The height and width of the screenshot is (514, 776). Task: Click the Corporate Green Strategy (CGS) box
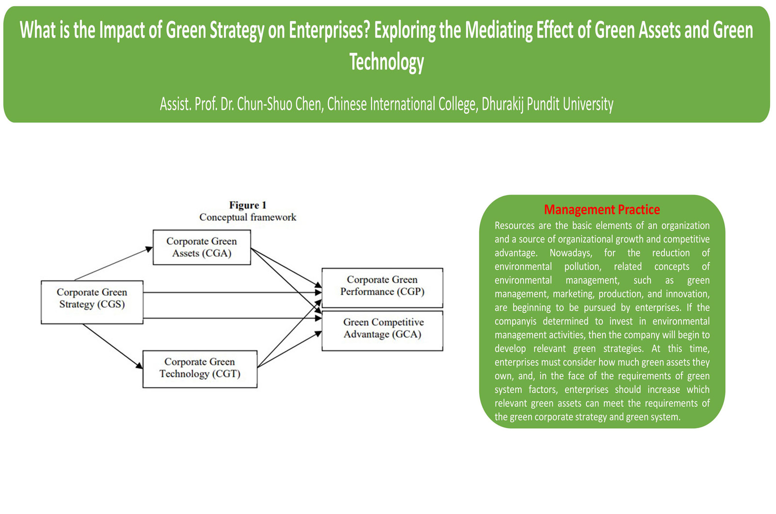[92, 302]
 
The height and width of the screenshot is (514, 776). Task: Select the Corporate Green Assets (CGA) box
[202, 247]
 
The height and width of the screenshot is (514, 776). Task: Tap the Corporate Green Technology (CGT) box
[200, 369]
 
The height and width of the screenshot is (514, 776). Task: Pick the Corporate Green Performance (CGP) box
[382, 288]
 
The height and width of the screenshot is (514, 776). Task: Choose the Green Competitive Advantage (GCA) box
[382, 331]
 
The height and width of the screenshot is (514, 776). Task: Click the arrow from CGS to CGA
[113, 264]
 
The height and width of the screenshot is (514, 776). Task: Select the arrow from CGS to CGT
[112, 346]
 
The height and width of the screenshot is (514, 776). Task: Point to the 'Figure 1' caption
[248, 205]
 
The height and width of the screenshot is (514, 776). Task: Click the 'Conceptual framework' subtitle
[248, 217]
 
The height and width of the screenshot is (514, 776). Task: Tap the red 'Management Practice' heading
[602, 209]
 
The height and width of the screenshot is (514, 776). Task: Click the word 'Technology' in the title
[387, 62]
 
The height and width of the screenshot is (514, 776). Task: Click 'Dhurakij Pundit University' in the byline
[548, 104]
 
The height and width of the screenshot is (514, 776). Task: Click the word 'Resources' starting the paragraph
[515, 225]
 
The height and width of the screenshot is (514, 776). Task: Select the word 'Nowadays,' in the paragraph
[571, 253]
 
